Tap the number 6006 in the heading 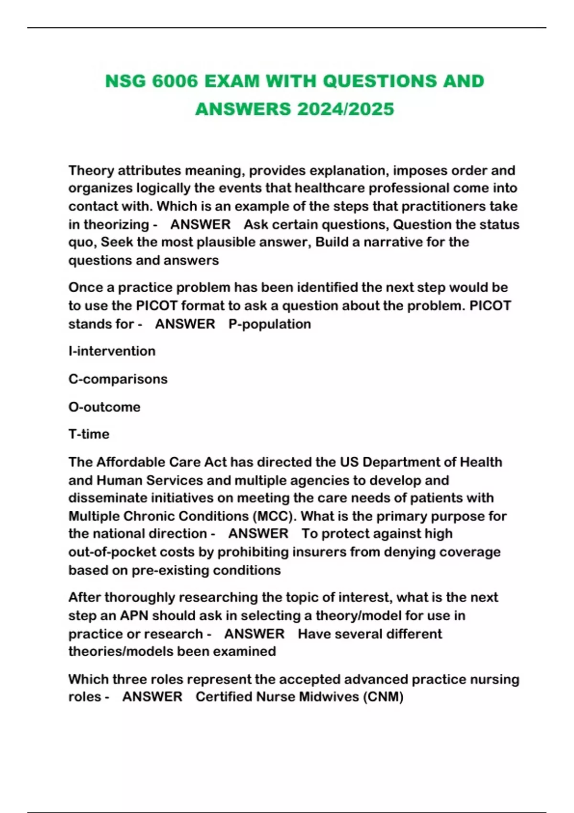point(175,81)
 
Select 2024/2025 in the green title point(345,109)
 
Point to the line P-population point(270,324)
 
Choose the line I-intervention point(112,352)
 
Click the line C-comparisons point(118,379)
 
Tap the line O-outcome point(104,407)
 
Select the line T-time point(89,434)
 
